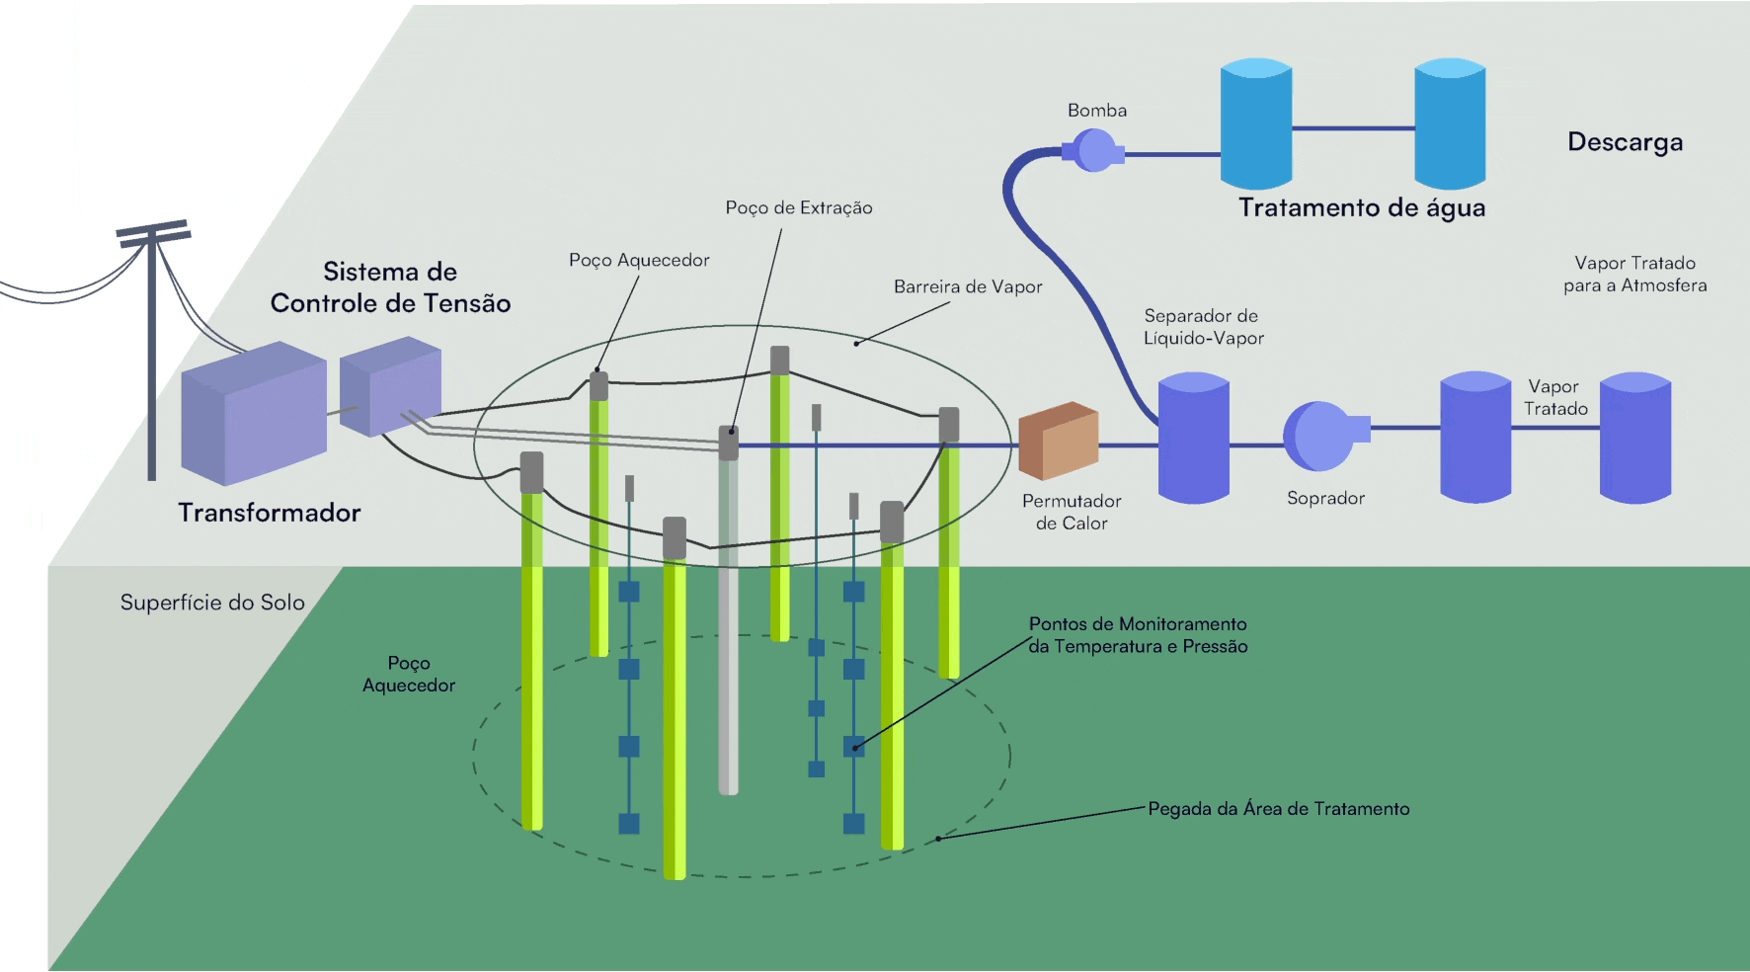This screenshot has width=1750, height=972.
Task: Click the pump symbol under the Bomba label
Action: (x=1094, y=151)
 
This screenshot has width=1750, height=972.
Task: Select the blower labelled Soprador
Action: (x=1321, y=436)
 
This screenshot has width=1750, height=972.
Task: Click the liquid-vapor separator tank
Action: (x=1193, y=438)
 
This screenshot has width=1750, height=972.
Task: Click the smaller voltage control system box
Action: (x=390, y=386)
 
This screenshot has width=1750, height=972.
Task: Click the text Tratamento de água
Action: (x=1362, y=207)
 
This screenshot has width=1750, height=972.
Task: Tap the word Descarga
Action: (x=1625, y=142)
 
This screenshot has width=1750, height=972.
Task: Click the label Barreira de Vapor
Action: (x=968, y=286)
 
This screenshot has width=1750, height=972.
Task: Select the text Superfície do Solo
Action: (x=212, y=603)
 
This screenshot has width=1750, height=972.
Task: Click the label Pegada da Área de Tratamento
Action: (x=1278, y=809)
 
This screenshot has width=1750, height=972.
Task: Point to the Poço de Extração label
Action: (x=799, y=207)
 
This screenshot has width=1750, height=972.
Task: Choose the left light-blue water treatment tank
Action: (x=1256, y=123)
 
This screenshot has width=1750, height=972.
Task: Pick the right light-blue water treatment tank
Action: (x=1450, y=123)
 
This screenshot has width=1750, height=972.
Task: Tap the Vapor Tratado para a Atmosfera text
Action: (x=1634, y=274)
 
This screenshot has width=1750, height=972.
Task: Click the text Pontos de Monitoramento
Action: (x=1138, y=624)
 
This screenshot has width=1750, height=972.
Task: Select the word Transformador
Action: (x=269, y=513)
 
